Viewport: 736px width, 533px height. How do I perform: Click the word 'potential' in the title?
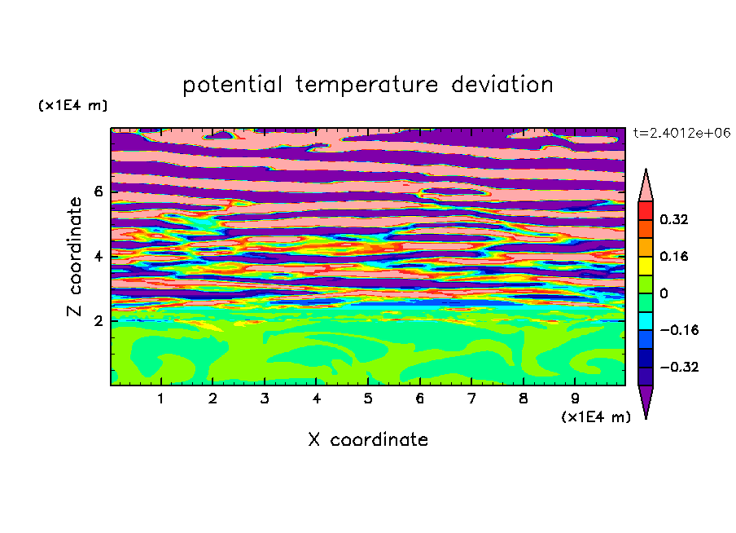click(232, 85)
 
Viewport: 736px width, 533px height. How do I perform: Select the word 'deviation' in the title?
click(502, 84)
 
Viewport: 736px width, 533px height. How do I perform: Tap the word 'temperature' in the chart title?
click(366, 86)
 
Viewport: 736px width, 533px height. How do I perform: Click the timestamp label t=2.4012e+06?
click(681, 133)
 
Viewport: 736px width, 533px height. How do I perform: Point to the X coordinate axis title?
click(368, 439)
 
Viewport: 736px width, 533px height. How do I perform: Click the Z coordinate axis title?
click(75, 256)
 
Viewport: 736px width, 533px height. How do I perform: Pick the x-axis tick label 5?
click(368, 399)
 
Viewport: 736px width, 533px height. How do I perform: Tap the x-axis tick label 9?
click(575, 399)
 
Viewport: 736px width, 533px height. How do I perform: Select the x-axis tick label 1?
click(160, 399)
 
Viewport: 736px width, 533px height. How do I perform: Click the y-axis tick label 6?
click(98, 192)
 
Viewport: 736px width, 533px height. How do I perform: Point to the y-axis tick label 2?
click(98, 321)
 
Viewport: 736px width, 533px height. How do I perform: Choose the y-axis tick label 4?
click(98, 257)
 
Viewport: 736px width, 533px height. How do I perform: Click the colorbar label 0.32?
click(673, 219)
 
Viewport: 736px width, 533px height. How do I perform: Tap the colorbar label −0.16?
click(679, 330)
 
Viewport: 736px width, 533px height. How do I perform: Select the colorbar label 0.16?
click(673, 256)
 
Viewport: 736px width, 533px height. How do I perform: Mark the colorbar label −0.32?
click(679, 367)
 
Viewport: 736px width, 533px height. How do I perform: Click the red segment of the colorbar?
click(646, 210)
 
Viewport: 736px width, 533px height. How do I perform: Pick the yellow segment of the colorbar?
click(646, 266)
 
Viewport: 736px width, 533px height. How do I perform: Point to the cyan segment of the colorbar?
click(646, 321)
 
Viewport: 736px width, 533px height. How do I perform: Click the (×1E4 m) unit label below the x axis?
click(596, 417)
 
